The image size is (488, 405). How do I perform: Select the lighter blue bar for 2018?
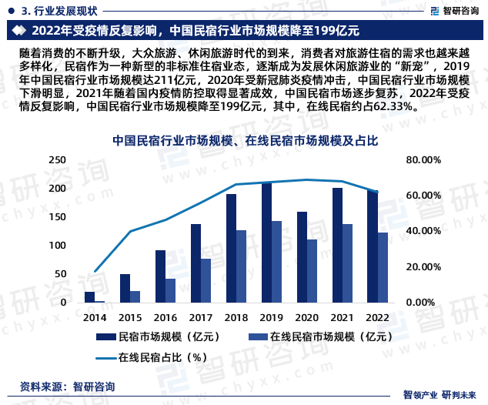click(242, 266)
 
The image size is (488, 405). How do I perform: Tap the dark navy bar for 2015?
click(125, 288)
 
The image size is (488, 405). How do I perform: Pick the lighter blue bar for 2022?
click(383, 267)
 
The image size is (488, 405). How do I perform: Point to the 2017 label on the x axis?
click(201, 317)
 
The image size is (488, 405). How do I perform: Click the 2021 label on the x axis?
click(343, 317)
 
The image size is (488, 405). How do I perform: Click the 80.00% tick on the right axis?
click(423, 159)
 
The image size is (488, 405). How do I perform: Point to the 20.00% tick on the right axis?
click(423, 266)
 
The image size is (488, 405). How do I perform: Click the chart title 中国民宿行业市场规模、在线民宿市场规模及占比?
click(245, 141)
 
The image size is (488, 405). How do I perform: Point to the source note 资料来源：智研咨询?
click(67, 386)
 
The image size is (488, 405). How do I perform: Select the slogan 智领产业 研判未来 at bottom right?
click(444, 395)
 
